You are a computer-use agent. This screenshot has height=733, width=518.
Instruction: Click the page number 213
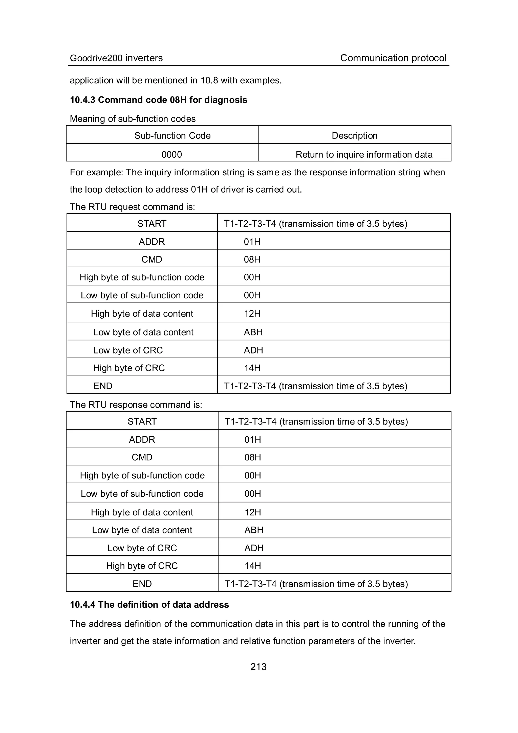(x=258, y=667)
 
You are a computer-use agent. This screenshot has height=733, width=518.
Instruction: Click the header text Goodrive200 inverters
(x=116, y=58)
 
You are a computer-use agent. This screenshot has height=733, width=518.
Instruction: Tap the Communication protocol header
(x=393, y=58)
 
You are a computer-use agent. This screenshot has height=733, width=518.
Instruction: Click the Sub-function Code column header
(x=172, y=136)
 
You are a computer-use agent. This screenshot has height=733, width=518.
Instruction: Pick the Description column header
(x=354, y=136)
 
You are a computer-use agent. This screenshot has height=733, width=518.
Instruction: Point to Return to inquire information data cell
(x=364, y=155)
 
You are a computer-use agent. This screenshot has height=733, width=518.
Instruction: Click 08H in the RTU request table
(x=252, y=259)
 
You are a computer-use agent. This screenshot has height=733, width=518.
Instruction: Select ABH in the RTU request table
(x=253, y=332)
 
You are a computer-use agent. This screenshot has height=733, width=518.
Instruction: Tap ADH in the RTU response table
(x=254, y=548)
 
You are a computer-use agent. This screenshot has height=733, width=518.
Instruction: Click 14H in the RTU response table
(x=253, y=566)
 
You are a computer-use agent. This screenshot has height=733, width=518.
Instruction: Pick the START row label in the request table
(x=152, y=224)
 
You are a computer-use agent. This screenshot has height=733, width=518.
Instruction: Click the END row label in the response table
(x=142, y=584)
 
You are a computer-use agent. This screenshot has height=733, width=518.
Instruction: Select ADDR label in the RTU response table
(x=142, y=440)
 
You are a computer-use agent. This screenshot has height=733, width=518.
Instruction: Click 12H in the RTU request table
(x=252, y=314)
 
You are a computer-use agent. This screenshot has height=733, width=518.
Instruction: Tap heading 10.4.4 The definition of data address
(x=149, y=605)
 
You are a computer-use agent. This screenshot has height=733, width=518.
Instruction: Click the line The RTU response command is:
(x=136, y=405)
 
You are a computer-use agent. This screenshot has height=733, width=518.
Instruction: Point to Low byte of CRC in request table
(x=128, y=350)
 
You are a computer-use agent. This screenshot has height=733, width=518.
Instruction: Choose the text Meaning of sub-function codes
(x=133, y=119)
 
